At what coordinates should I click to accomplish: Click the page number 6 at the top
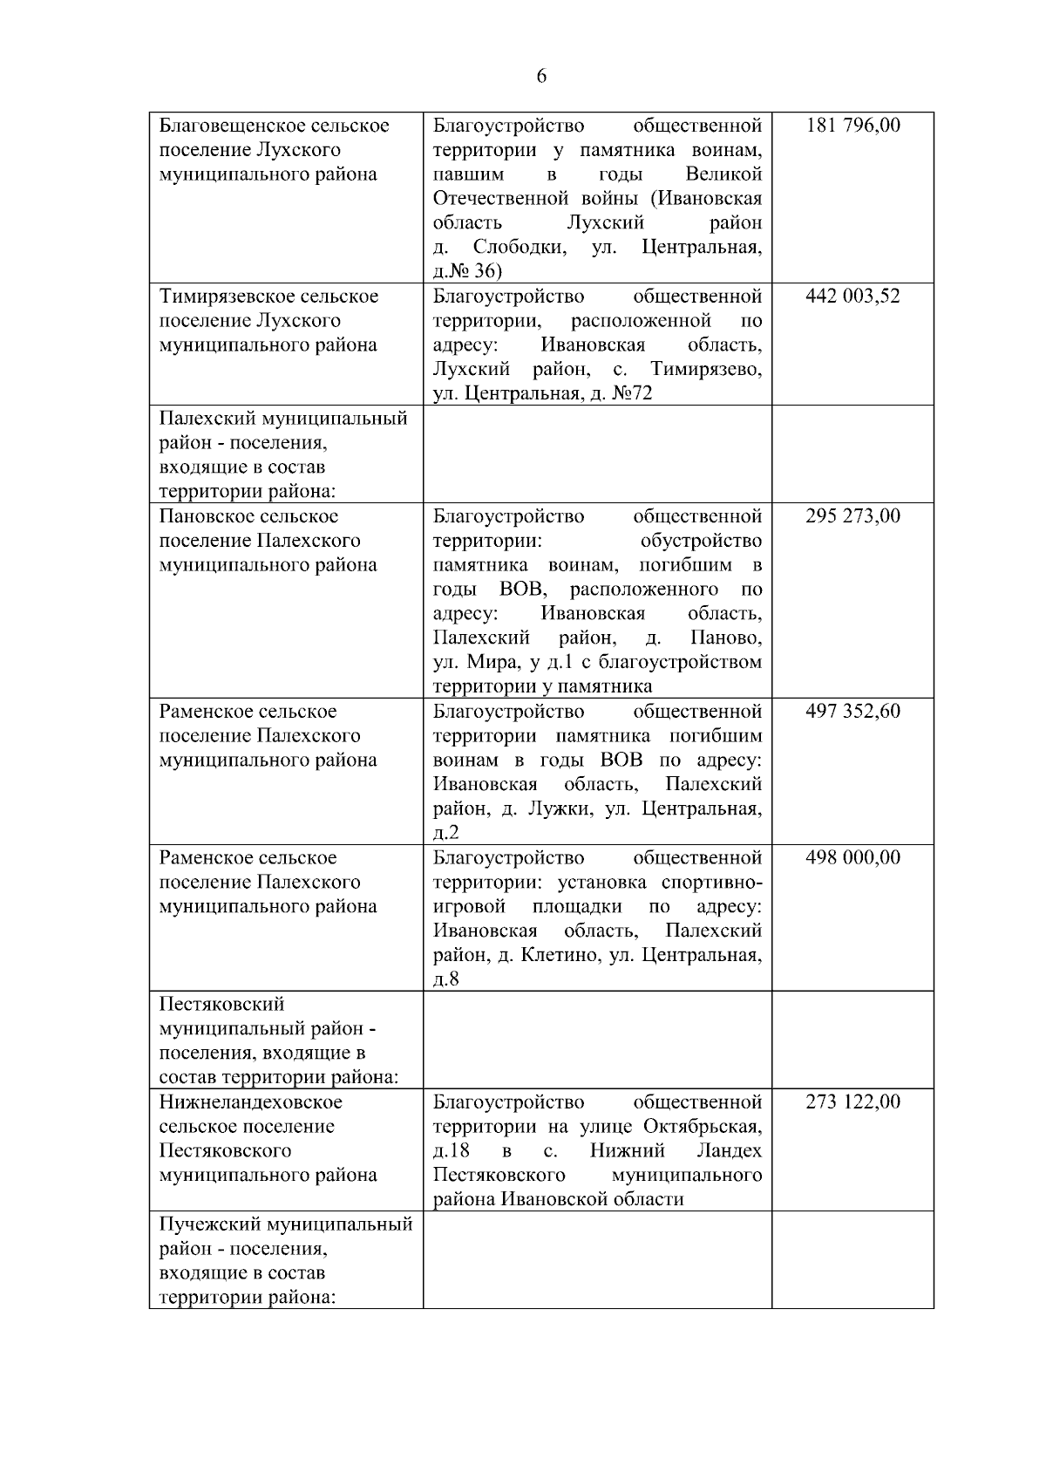541,77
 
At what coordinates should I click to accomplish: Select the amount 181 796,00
852,126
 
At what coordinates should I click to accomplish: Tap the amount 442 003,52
852,297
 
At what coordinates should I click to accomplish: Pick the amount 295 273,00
852,516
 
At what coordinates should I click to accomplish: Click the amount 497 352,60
852,712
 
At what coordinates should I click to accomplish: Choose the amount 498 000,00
852,858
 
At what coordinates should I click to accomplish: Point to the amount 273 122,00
852,1102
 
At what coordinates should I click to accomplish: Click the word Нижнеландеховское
251,1102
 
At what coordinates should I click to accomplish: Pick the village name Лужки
557,809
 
